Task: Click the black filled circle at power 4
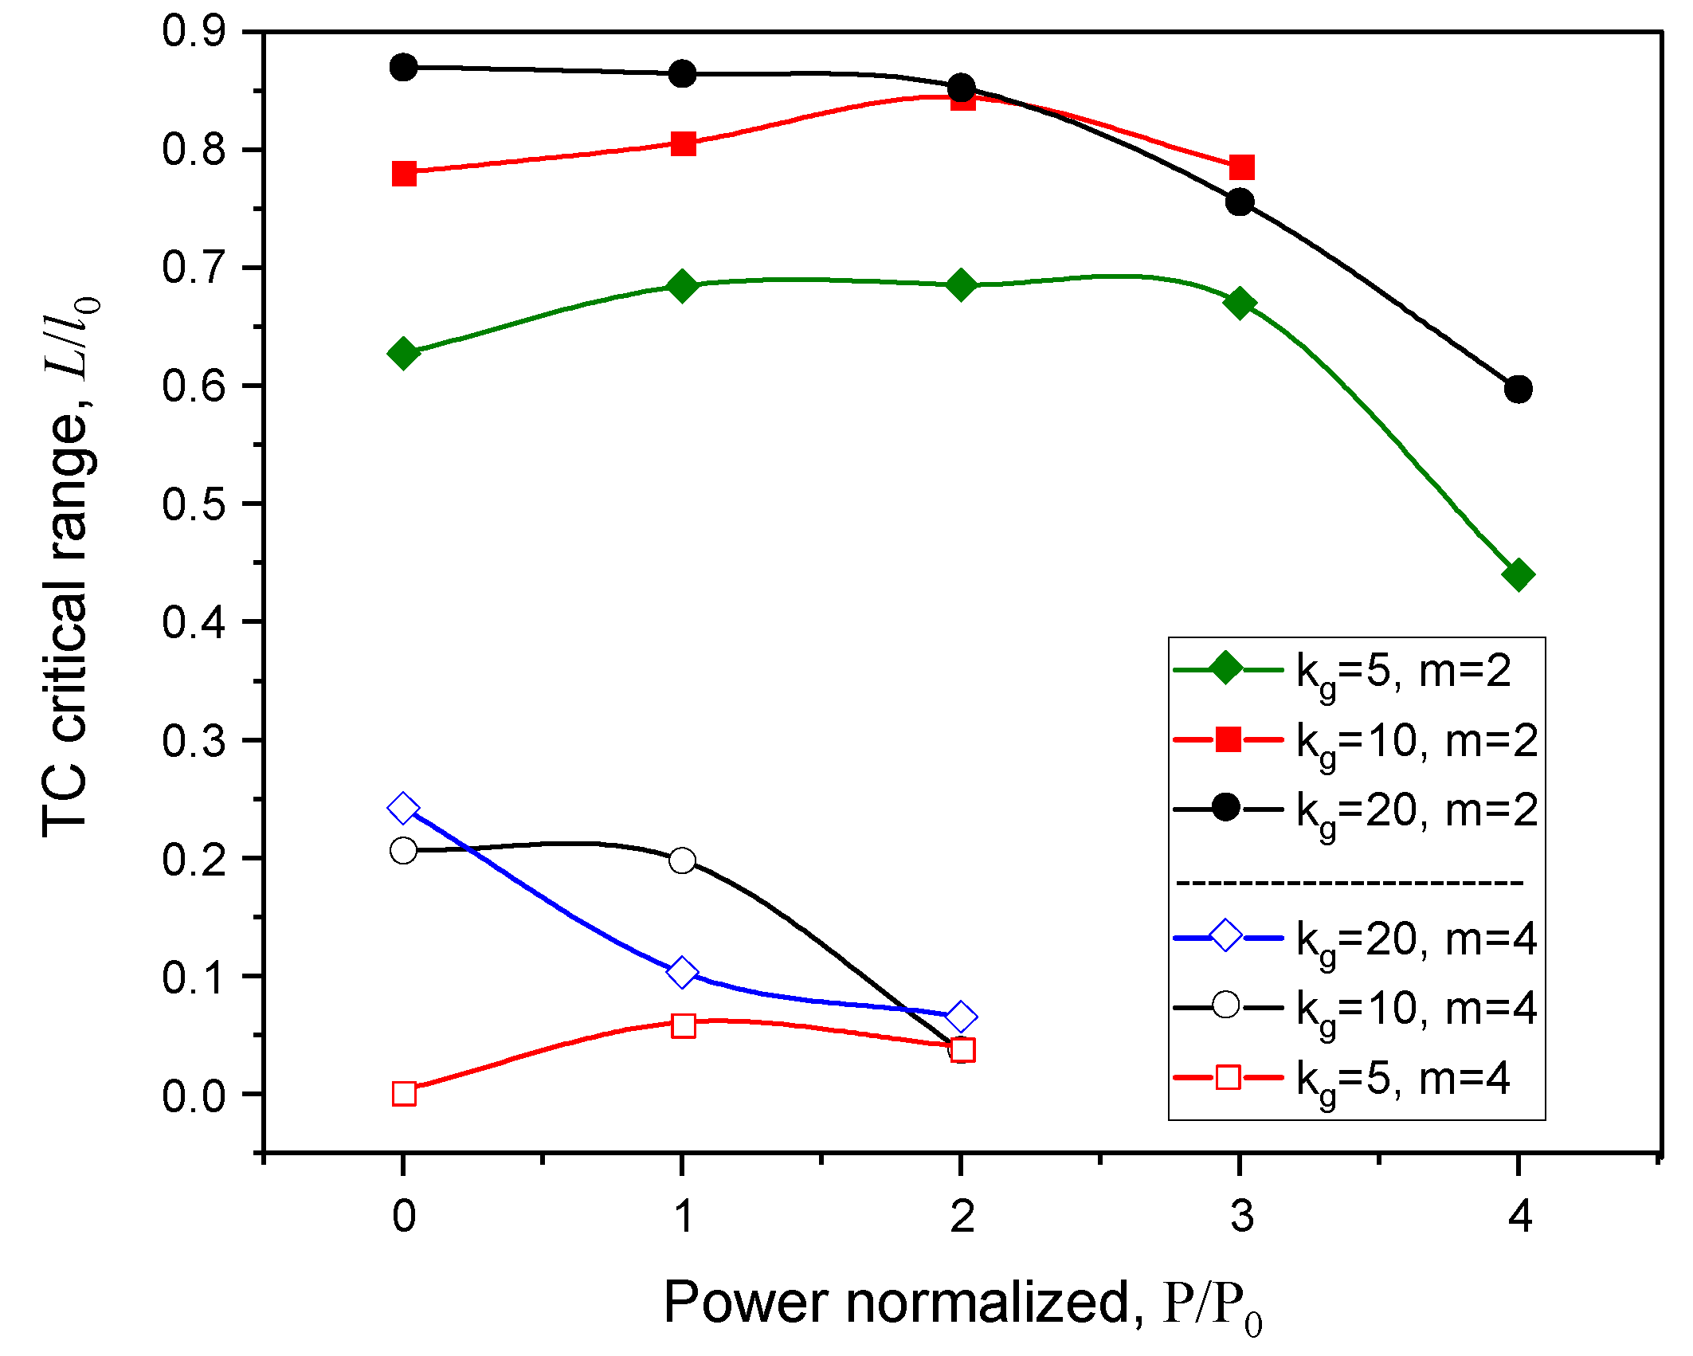1518,390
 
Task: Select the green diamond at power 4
1518,574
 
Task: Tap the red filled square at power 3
1241,167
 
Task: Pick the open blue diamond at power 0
403,808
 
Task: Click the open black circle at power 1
682,860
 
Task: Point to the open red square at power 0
404,1093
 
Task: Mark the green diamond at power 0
403,353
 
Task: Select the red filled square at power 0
404,173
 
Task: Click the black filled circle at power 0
403,67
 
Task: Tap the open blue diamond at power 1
682,972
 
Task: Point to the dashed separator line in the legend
1350,883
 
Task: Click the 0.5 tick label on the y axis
194,504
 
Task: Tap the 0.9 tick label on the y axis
194,32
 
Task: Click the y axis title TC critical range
70,566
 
